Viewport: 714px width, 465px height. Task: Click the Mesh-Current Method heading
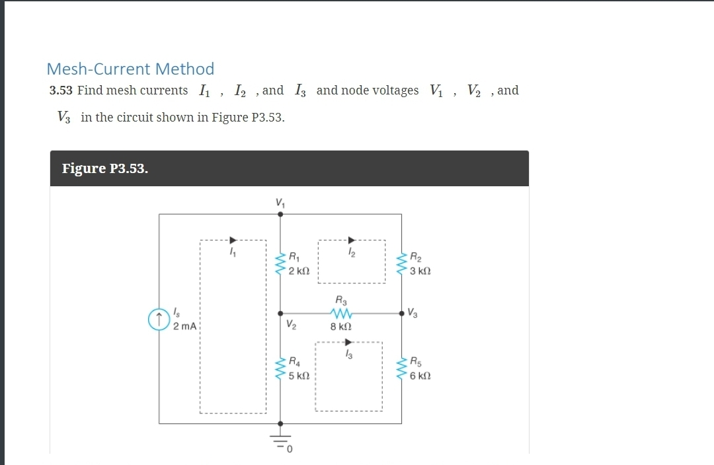pos(130,69)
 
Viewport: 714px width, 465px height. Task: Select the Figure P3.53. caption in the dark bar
pos(104,168)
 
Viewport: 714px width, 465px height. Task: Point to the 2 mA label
pos(184,326)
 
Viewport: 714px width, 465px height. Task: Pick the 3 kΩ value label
pos(421,271)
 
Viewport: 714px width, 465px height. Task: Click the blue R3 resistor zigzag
pos(341,313)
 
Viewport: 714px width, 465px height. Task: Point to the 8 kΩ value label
pos(340,326)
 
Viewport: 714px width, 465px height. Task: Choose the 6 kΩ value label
pos(421,376)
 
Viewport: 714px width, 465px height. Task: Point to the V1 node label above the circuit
pos(280,203)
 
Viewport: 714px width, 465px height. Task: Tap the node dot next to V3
pos(401,313)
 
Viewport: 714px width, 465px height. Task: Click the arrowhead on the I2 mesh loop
pos(352,240)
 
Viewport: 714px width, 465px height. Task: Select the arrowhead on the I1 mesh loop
pos(232,240)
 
